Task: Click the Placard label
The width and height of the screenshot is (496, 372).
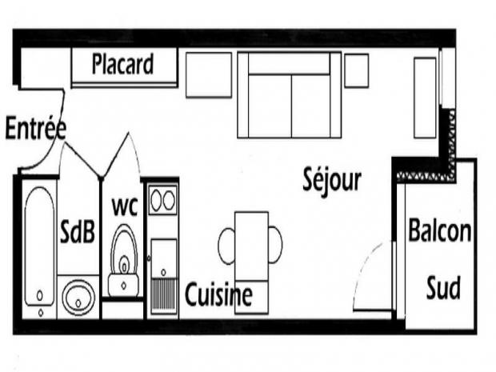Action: (122, 64)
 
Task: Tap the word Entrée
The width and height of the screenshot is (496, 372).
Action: (36, 127)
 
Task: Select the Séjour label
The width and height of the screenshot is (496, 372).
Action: (332, 180)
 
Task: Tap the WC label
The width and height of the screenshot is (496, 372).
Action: (125, 206)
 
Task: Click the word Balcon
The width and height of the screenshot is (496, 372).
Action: (440, 230)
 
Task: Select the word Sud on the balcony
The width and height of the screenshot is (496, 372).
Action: (443, 287)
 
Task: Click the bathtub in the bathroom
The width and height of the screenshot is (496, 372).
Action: (39, 246)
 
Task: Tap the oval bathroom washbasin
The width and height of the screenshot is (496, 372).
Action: (78, 298)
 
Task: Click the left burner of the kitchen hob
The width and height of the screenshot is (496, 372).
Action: (156, 201)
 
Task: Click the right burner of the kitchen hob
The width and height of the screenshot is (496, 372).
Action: (169, 200)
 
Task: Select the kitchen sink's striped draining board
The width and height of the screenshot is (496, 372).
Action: (163, 294)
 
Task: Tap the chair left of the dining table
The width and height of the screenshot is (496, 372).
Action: (226, 246)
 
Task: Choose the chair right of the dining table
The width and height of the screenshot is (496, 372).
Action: (275, 245)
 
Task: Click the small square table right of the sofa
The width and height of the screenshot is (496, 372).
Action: (357, 70)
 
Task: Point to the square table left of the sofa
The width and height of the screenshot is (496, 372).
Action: (209, 75)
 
